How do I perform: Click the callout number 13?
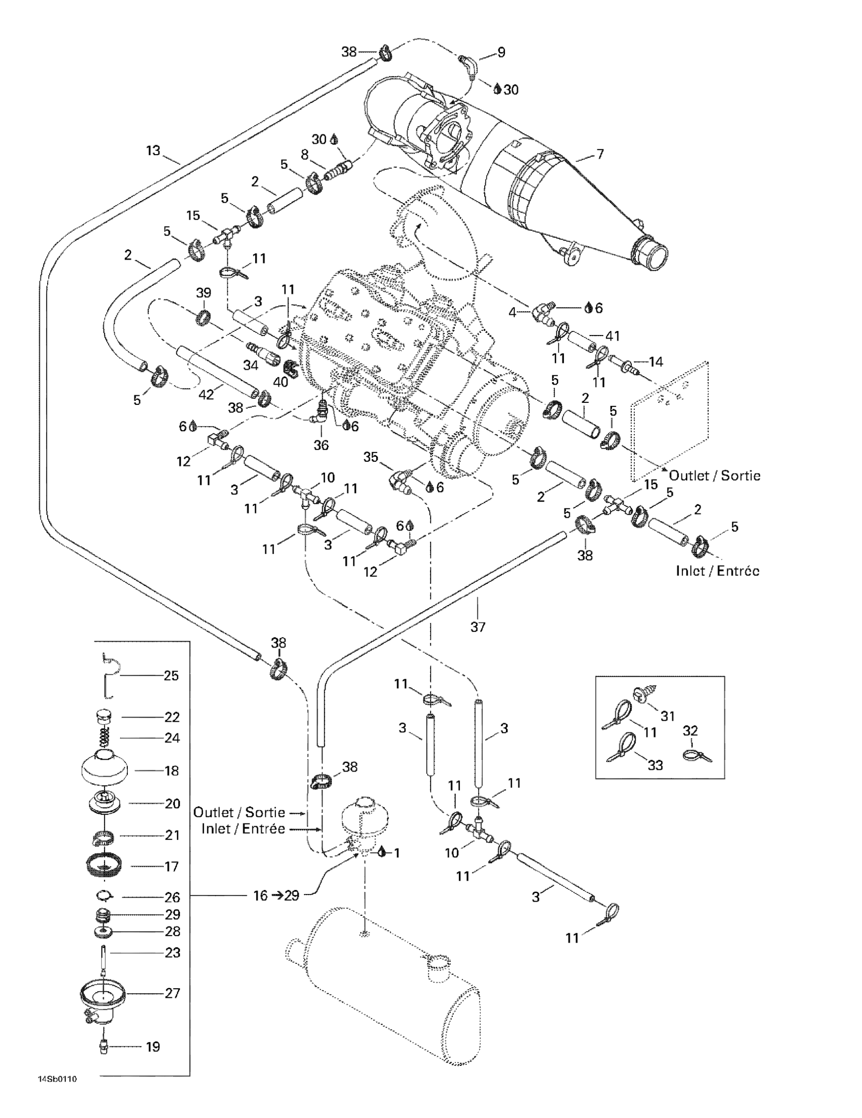pyautogui.click(x=153, y=151)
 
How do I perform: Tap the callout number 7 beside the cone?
pyautogui.click(x=600, y=154)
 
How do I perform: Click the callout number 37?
pyautogui.click(x=477, y=626)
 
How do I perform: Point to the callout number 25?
pyautogui.click(x=171, y=676)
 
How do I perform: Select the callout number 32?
pyautogui.click(x=690, y=730)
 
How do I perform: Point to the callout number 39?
pyautogui.click(x=203, y=293)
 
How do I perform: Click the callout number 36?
pyautogui.click(x=320, y=445)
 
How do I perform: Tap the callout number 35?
pyautogui.click(x=370, y=457)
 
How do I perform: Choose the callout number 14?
pyautogui.click(x=656, y=362)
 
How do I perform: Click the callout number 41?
pyautogui.click(x=613, y=336)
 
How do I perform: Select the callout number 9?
pyautogui.click(x=501, y=52)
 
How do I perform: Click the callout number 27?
pyautogui.click(x=172, y=993)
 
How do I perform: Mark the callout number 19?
pyautogui.click(x=153, y=1047)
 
